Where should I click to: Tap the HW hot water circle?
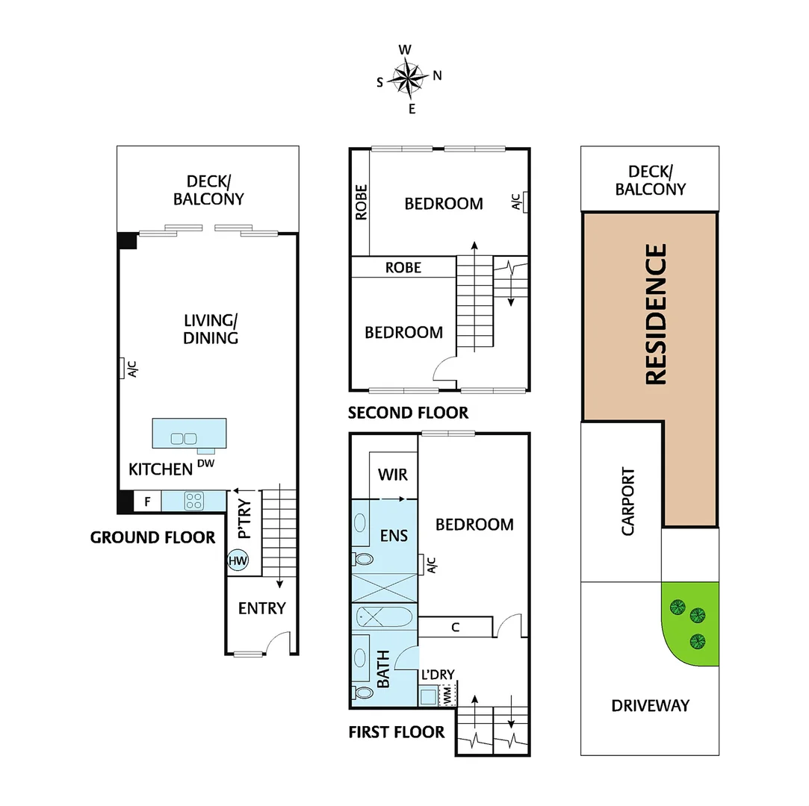tap(238, 560)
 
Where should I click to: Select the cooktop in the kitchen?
tap(193, 501)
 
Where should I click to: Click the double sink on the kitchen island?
tap(183, 439)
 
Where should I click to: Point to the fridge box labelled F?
tap(147, 502)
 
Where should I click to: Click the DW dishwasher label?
tap(205, 463)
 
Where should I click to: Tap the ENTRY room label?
tap(261, 608)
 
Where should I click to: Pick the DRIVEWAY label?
tap(649, 705)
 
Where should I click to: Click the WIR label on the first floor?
tap(392, 475)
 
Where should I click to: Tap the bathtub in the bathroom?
tap(382, 617)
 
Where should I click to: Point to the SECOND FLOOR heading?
tap(408, 413)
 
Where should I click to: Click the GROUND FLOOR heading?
tap(152, 537)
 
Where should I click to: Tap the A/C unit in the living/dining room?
tap(122, 369)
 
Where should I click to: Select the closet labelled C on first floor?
tap(455, 628)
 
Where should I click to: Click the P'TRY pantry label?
tap(244, 519)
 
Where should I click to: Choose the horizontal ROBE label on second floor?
tap(403, 267)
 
